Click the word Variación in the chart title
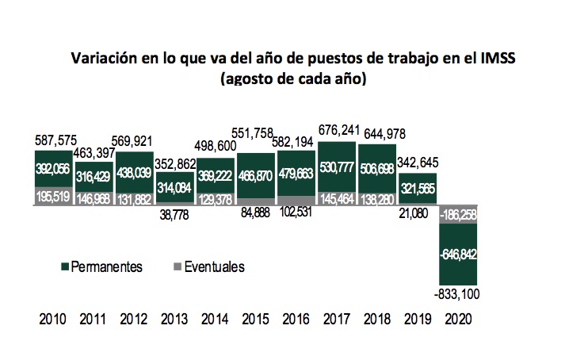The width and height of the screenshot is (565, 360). pos(103,59)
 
